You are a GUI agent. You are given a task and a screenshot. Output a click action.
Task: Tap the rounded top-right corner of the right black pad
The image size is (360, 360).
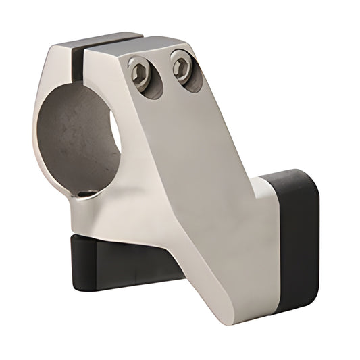[x=311, y=179]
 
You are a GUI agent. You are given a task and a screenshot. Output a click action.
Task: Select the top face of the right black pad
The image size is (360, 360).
[x=284, y=174]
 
